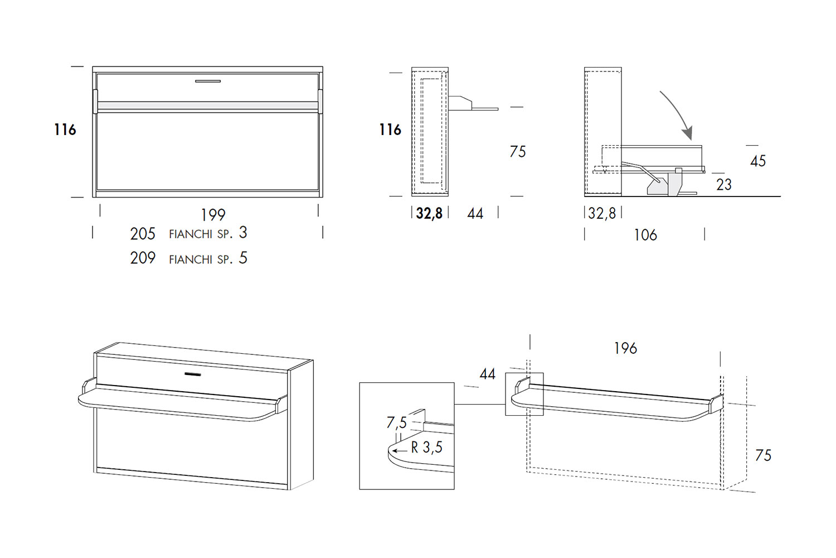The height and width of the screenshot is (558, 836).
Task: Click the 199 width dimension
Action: coord(213,215)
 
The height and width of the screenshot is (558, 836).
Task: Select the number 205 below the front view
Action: coord(143,234)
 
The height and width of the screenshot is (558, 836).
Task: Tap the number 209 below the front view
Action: coord(143,258)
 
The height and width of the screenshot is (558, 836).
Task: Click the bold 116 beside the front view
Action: coord(65,129)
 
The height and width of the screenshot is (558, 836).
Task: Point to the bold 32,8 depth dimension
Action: coord(429,213)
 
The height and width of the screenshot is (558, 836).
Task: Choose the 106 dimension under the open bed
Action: coord(645,235)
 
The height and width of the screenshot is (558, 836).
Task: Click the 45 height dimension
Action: coord(758,161)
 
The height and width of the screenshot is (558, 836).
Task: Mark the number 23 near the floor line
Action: coord(724,185)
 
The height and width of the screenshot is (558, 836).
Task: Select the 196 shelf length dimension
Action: coord(625,348)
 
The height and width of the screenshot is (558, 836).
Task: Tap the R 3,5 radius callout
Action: coord(426,448)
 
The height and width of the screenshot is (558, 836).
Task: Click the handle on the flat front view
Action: coord(208,81)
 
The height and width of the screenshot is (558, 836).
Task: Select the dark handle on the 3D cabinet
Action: coord(193,374)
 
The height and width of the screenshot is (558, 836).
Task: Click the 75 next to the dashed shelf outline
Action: coord(763,455)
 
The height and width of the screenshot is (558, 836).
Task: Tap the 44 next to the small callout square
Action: coord(488,374)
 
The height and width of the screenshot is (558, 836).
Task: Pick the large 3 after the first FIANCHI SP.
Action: coord(243,233)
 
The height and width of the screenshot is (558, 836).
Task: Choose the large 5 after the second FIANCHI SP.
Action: coord(243,258)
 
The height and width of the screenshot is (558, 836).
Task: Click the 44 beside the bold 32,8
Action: coord(475,214)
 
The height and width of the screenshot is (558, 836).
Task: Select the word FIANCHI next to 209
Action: coord(191,259)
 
